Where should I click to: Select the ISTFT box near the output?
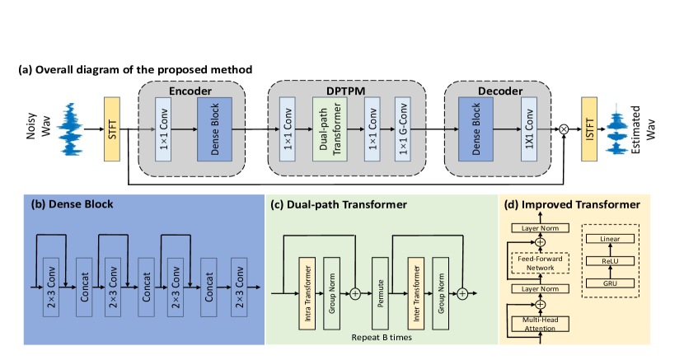588,129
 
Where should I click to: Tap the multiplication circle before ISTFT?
565,129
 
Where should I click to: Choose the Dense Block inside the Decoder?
476,129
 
